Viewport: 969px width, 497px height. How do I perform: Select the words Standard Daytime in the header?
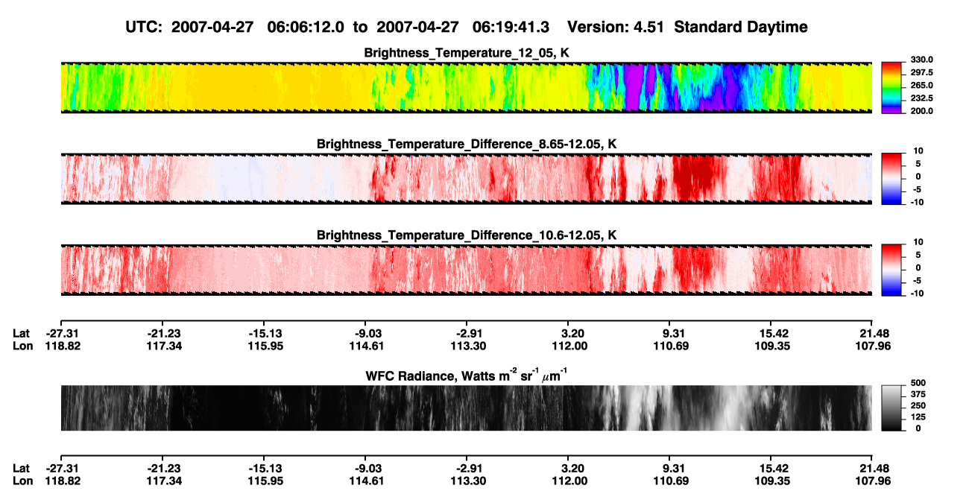tap(741, 27)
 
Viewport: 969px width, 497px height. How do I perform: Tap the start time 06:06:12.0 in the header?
tap(306, 27)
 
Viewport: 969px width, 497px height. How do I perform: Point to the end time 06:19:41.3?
tap(511, 27)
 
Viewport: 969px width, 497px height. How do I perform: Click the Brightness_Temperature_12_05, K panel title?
tap(467, 53)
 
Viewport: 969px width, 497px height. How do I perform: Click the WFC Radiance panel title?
tap(467, 376)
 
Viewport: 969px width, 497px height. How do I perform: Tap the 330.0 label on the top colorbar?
tap(921, 60)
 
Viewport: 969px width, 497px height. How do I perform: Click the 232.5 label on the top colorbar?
tap(921, 98)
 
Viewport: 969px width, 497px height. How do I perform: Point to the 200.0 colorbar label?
tap(921, 111)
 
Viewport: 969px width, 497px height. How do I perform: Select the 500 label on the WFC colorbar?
tap(918, 383)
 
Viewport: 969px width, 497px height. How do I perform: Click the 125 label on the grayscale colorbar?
tap(918, 417)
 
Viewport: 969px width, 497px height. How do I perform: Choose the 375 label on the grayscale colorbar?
tap(918, 394)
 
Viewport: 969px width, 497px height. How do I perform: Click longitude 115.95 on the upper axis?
tap(265, 346)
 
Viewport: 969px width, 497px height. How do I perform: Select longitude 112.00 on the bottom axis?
tap(569, 481)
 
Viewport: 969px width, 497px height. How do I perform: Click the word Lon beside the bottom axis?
tap(22, 481)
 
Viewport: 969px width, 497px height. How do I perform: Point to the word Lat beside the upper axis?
tap(21, 334)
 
